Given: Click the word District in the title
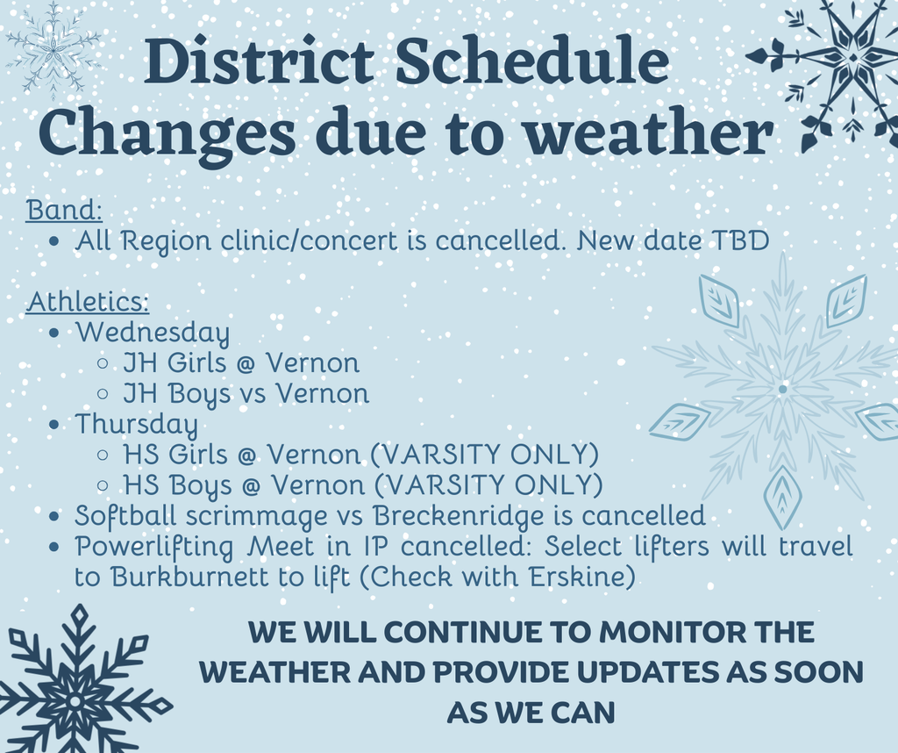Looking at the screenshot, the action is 260,61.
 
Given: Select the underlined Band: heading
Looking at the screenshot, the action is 64,210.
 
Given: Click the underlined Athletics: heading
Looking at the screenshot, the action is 88,301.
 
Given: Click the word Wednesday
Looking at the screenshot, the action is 153,333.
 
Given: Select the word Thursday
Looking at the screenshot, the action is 136,425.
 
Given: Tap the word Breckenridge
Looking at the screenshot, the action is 458,516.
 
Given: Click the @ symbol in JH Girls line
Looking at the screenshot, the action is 246,364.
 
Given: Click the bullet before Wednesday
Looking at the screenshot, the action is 54,333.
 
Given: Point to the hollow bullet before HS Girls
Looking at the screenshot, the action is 103,455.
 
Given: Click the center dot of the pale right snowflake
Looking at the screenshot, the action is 782,389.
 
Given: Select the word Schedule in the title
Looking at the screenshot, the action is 532,61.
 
